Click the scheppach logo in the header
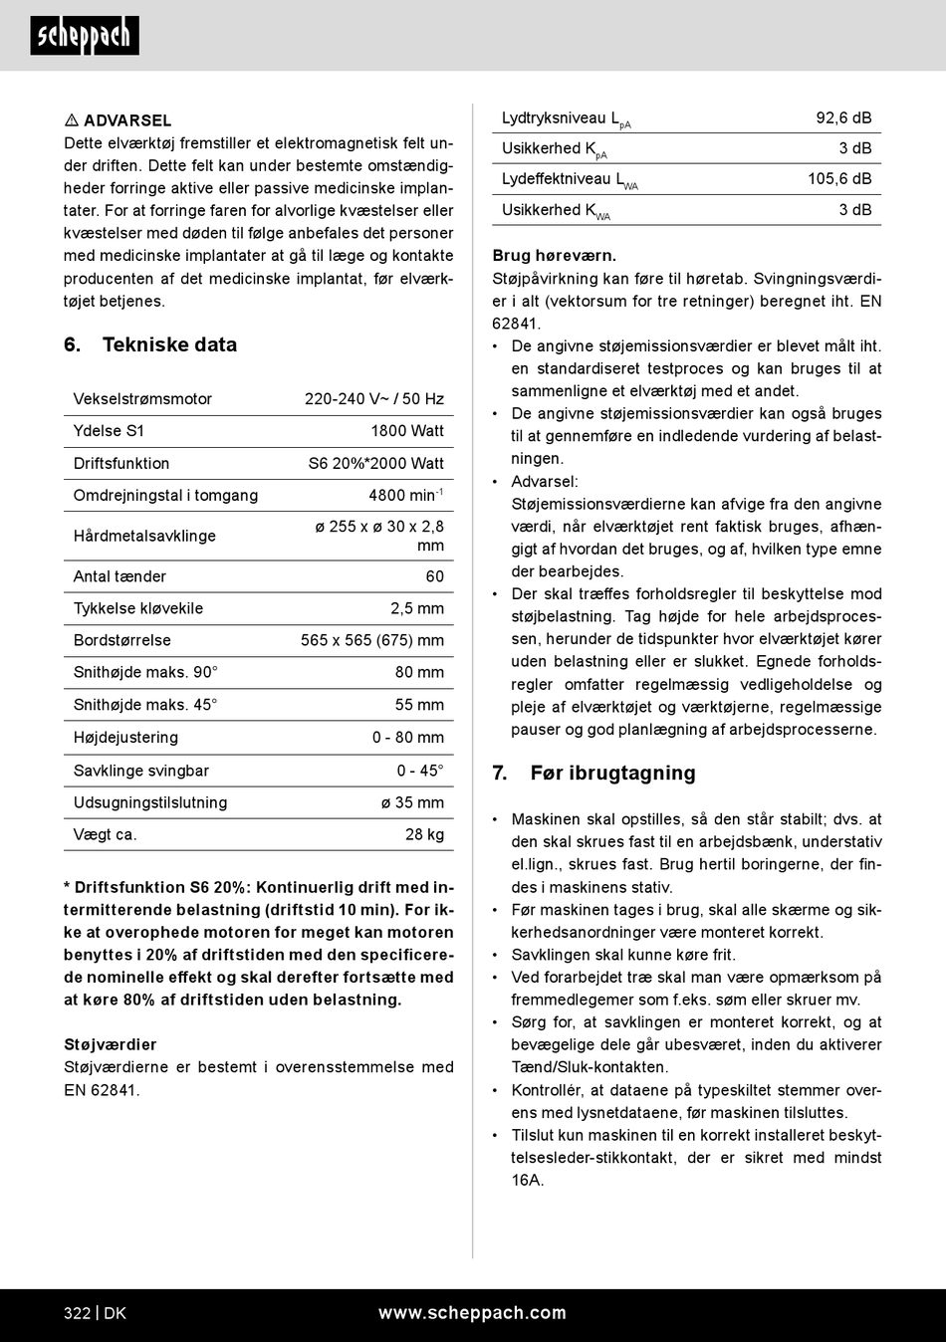tap(85, 36)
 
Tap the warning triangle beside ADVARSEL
tap(72, 120)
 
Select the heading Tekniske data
tap(169, 344)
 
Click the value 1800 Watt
tap(407, 431)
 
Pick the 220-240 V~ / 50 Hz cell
tap(374, 399)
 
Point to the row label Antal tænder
tap(119, 576)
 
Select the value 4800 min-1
tap(405, 495)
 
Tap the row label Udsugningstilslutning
tap(150, 802)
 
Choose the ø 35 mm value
tap(412, 802)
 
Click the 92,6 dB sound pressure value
tap(843, 117)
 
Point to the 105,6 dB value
tap(839, 179)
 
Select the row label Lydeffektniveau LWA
tap(570, 180)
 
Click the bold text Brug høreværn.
tap(555, 256)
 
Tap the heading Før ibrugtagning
tap(612, 774)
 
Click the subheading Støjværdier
tap(111, 1044)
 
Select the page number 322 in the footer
tap(78, 1313)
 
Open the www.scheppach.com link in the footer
tap(472, 1313)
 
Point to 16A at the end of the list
tap(528, 1180)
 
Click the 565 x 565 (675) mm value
tap(372, 640)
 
